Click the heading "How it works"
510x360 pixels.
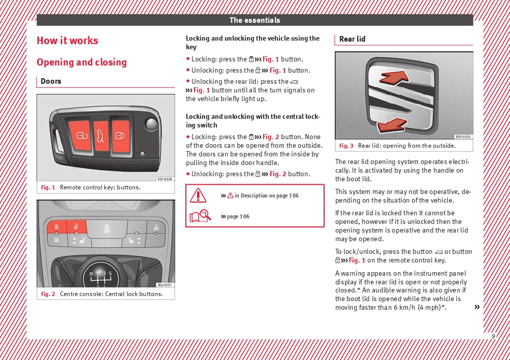(x=67, y=41)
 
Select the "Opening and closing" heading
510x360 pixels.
(x=81, y=62)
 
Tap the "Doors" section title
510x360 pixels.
(x=51, y=81)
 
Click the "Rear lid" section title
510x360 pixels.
(x=352, y=39)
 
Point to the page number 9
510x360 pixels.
(x=493, y=336)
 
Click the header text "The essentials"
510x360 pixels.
(x=254, y=20)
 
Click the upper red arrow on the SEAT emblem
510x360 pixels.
(x=395, y=77)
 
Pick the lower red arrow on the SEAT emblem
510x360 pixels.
(x=392, y=124)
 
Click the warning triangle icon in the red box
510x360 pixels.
(x=198, y=195)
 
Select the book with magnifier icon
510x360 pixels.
(x=200, y=217)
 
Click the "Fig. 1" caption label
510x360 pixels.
(x=48, y=187)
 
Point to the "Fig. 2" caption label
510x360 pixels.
(x=48, y=294)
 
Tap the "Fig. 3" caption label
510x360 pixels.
(x=346, y=146)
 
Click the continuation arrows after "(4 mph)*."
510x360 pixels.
(x=477, y=307)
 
